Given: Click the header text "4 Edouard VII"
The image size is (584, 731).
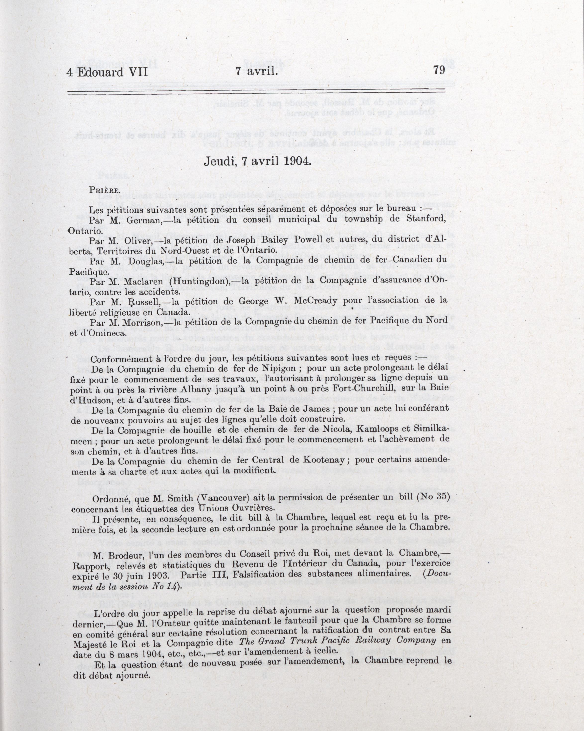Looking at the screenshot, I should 107,72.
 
